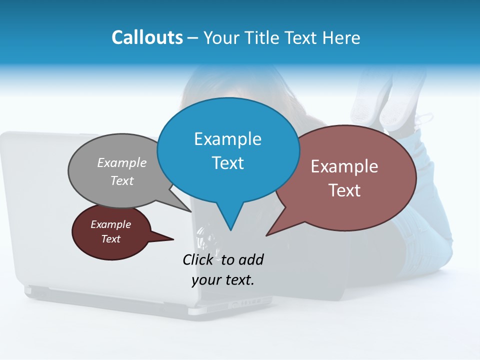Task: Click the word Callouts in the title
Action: [x=147, y=37]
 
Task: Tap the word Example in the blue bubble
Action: [x=227, y=139]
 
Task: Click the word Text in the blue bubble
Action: [x=227, y=163]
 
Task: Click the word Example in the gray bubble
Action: [x=121, y=162]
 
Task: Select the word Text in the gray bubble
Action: [x=121, y=180]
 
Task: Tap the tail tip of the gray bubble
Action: [x=191, y=211]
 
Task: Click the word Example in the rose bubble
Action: [x=344, y=166]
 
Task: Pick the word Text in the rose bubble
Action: [x=344, y=190]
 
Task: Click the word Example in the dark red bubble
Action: [x=110, y=224]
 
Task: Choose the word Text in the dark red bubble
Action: [x=110, y=239]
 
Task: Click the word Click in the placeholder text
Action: [x=199, y=259]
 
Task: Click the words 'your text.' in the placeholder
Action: [x=222, y=280]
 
